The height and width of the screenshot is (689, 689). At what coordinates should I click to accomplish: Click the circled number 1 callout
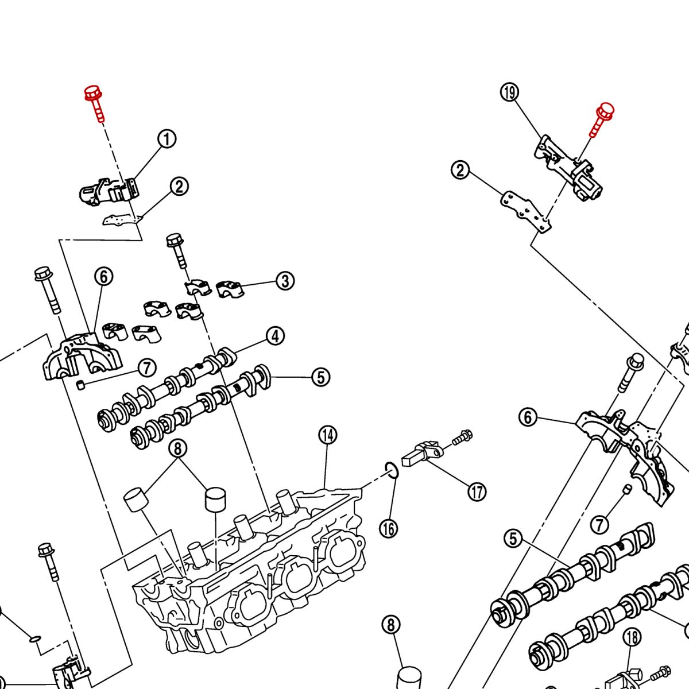point(167,139)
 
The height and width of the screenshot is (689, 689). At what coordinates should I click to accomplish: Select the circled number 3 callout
point(285,281)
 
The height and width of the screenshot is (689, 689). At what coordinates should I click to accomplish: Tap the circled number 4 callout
point(276,336)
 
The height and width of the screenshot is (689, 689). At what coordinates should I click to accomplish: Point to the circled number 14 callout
point(328,435)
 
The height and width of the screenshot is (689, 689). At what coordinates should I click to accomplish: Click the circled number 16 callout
point(389,528)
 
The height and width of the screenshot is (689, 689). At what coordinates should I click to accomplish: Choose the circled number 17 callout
point(477,491)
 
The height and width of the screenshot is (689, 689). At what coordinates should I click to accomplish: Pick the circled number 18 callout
point(632,637)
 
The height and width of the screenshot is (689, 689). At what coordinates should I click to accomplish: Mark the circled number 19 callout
point(509,92)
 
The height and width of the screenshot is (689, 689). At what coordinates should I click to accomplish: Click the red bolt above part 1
point(94,102)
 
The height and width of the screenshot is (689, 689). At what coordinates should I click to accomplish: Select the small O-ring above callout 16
point(390,470)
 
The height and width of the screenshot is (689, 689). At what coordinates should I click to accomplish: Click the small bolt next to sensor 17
point(462,438)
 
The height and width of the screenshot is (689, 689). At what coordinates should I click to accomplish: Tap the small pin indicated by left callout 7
point(80,384)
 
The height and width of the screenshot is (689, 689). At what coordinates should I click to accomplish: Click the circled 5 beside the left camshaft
point(320,377)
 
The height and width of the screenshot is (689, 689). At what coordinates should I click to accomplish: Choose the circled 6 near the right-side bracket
point(528,417)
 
